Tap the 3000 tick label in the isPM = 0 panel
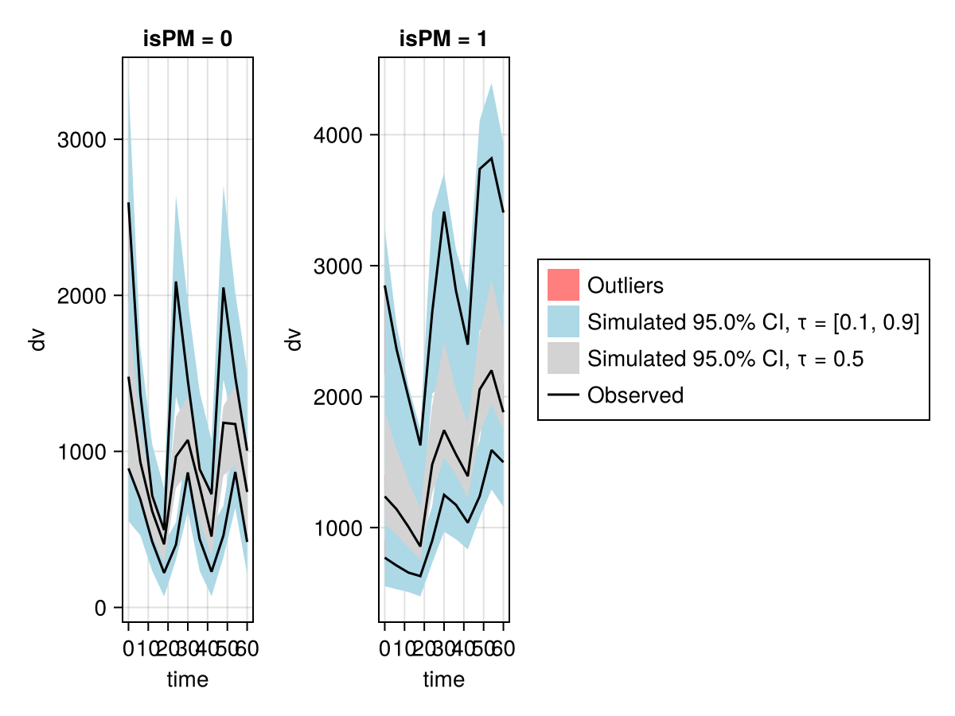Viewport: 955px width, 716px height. [82, 140]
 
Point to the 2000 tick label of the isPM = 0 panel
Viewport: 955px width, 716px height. [82, 296]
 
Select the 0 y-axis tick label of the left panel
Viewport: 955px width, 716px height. [100, 608]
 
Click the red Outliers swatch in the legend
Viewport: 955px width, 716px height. [563, 285]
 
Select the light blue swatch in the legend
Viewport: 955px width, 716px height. [563, 321]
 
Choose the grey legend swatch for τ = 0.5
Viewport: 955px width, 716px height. [563, 358]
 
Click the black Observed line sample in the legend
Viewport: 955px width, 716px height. [563, 395]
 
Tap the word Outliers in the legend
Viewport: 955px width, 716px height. [625, 285]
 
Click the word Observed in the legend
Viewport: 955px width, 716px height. [635, 395]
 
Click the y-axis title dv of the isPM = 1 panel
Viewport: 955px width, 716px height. [294, 340]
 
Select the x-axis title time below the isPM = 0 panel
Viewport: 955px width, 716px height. [188, 679]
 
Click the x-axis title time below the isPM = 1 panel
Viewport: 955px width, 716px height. [444, 679]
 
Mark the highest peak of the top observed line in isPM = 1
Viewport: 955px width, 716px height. [492, 158]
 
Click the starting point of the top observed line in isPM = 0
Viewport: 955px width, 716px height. [129, 204]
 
